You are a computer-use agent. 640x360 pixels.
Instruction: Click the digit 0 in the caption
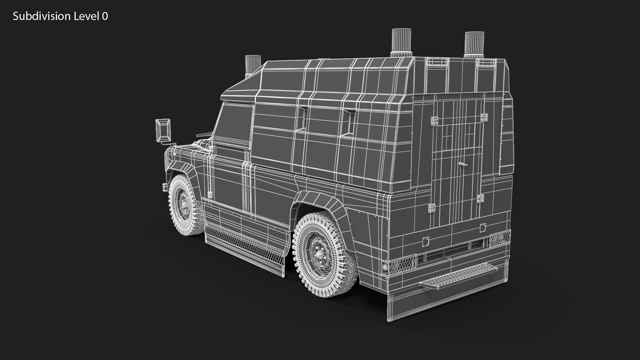105,16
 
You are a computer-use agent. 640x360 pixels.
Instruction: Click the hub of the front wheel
184,203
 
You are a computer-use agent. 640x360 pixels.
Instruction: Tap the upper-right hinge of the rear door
484,117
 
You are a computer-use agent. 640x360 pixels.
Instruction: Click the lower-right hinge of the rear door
480,199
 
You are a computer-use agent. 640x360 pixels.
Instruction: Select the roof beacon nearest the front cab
253,65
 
